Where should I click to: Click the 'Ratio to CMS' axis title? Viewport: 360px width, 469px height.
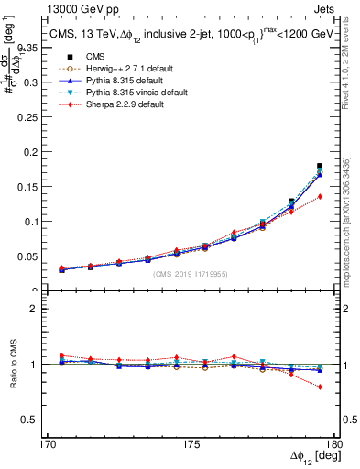(x=15, y=365)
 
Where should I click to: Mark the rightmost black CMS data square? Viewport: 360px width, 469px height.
(x=320, y=166)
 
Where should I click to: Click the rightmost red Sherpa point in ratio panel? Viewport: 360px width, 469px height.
(x=320, y=387)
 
